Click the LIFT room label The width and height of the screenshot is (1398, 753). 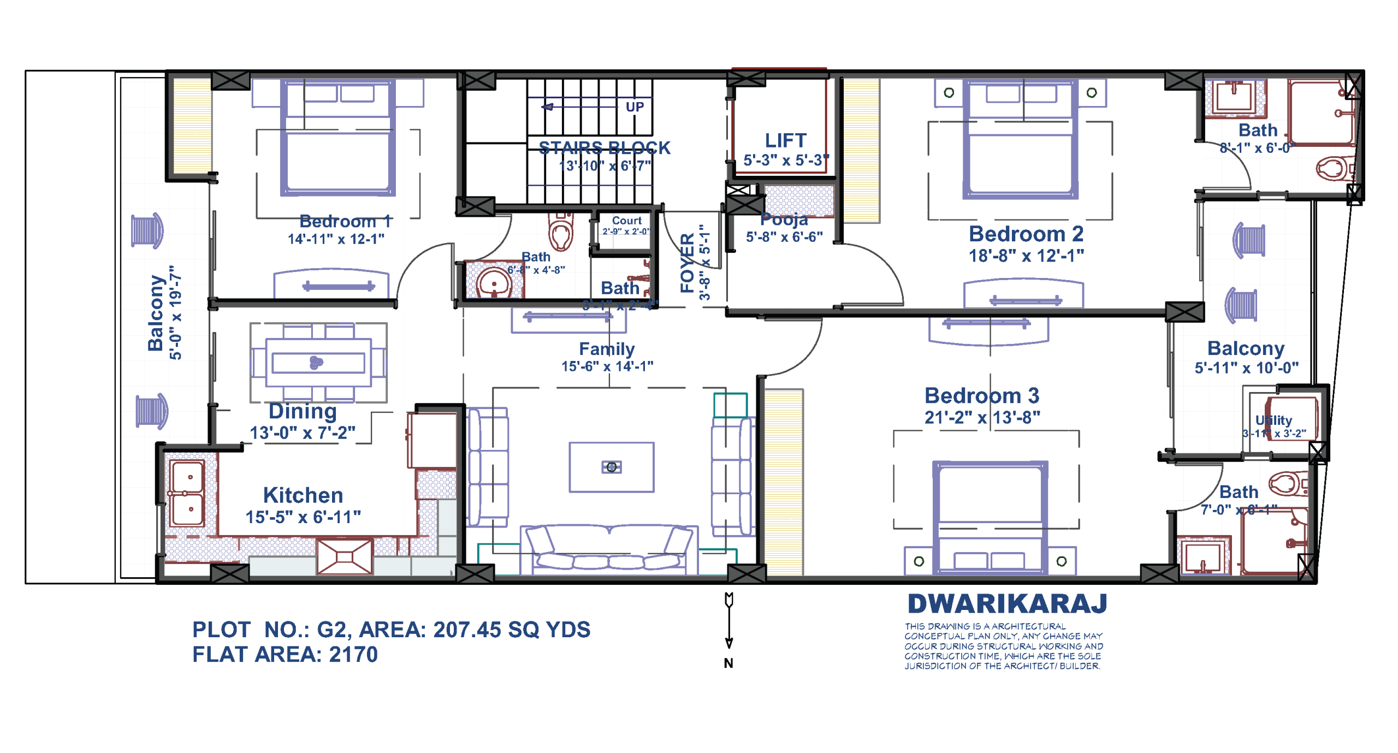[785, 141]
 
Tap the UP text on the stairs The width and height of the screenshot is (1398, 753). [634, 107]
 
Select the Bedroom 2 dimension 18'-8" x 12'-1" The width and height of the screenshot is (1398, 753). [1026, 256]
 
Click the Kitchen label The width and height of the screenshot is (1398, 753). [303, 495]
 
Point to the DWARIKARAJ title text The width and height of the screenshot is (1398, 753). [1006, 604]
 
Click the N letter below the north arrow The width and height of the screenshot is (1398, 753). [728, 663]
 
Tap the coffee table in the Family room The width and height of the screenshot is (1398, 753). [611, 467]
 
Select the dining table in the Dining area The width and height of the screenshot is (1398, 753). [318, 363]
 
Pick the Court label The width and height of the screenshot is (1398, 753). [626, 221]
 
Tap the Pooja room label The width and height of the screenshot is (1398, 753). [784, 220]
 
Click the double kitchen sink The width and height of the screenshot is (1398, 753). [187, 493]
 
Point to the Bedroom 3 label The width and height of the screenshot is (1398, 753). [981, 395]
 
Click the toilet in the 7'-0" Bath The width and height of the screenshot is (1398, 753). [1288, 483]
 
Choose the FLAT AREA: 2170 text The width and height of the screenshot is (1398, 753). [285, 654]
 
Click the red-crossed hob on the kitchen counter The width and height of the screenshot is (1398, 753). [345, 556]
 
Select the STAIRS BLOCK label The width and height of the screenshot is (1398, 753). [604, 148]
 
